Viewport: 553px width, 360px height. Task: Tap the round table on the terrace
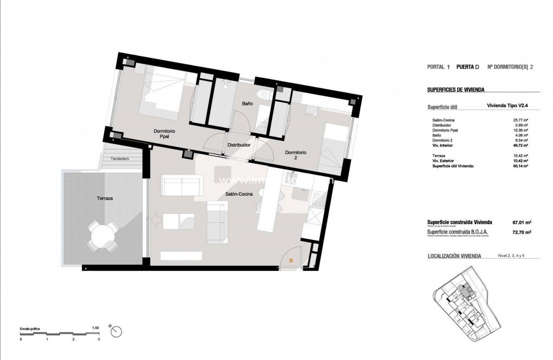point(102,237)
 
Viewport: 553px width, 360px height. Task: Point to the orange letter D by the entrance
point(292,261)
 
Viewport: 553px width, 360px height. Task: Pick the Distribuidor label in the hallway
point(239,145)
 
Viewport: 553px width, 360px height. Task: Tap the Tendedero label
point(120,159)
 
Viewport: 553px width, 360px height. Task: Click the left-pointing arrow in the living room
point(158,220)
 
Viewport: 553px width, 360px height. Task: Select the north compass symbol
point(116,331)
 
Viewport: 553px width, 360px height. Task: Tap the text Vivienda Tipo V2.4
point(506,106)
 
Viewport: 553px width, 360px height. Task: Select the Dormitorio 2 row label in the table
point(444,141)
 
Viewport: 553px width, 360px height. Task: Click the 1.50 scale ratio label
point(95,328)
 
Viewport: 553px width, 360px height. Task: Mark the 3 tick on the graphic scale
point(99,339)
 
